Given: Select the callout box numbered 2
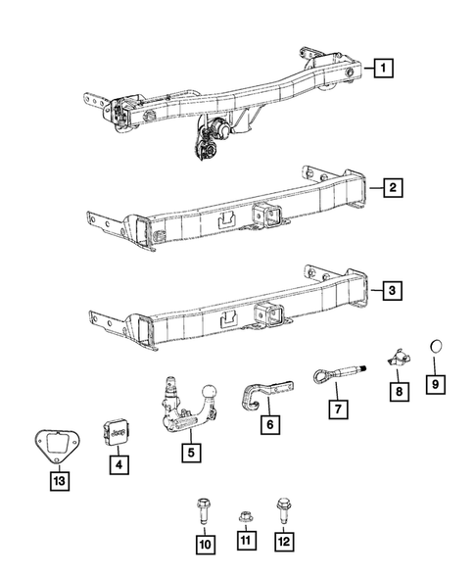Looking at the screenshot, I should [391, 187].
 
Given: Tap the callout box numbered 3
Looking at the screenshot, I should [391, 290].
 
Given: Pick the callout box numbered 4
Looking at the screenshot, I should [117, 465].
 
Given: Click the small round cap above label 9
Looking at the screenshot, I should [439, 348].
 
